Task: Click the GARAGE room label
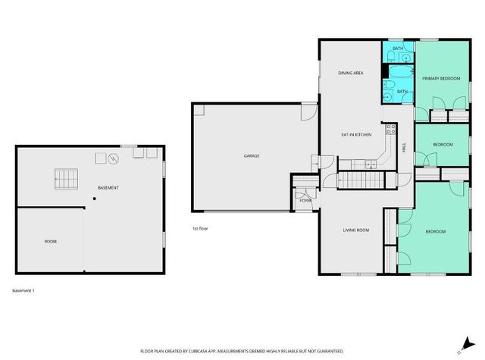tap(252, 156)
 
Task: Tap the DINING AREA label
tap(352, 73)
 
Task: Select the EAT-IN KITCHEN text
tap(355, 135)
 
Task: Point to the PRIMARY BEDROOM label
tap(441, 78)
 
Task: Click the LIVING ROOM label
tap(355, 230)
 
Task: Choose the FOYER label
tap(305, 200)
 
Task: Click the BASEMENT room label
tap(108, 187)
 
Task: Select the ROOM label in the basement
tap(50, 241)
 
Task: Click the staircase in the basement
tap(65, 180)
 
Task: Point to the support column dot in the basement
tap(94, 199)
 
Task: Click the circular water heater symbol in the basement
tap(113, 158)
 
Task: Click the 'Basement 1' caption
tap(23, 290)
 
